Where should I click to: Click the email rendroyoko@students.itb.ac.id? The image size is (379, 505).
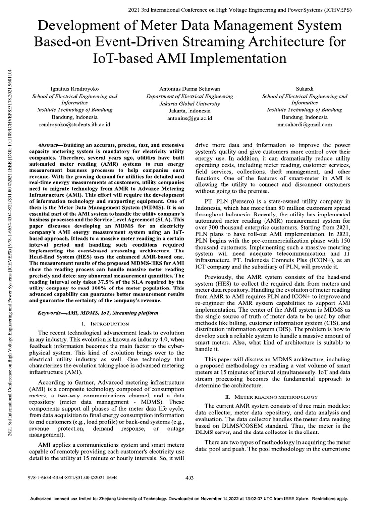pyautogui.click(x=71, y=125)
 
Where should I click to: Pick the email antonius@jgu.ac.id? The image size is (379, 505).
pyautogui.click(x=189, y=118)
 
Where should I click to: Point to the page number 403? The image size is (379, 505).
pyautogui.click(x=189, y=478)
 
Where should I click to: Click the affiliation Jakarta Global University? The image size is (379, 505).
pyautogui.click(x=189, y=104)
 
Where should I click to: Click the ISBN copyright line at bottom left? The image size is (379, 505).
pyautogui.click(x=70, y=478)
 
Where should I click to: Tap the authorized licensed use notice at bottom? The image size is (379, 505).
pyautogui.click(x=189, y=498)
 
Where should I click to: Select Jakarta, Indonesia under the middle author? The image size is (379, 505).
pyautogui.click(x=189, y=111)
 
